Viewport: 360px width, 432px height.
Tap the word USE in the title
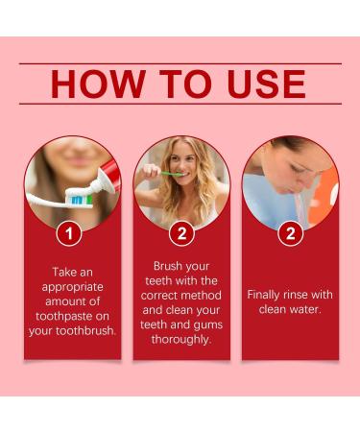pyautogui.click(x=267, y=84)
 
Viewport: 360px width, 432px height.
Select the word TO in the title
pyautogui.click(x=186, y=84)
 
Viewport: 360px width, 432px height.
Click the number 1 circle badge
pyautogui.click(x=69, y=233)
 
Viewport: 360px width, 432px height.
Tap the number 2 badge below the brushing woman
pyautogui.click(x=181, y=233)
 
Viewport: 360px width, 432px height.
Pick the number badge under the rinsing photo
pyautogui.click(x=291, y=233)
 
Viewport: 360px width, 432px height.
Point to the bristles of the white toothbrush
pyautogui.click(x=79, y=199)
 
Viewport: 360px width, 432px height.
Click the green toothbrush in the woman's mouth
pyautogui.click(x=172, y=174)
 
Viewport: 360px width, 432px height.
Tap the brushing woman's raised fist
pyautogui.click(x=151, y=171)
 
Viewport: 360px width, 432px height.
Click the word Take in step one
pyautogui.click(x=63, y=272)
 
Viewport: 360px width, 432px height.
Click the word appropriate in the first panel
pyautogui.click(x=73, y=287)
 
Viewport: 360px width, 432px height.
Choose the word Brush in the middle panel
pyautogui.click(x=167, y=266)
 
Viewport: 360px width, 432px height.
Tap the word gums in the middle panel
pyautogui.click(x=208, y=325)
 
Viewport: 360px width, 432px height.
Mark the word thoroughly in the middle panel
pyautogui.click(x=181, y=339)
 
